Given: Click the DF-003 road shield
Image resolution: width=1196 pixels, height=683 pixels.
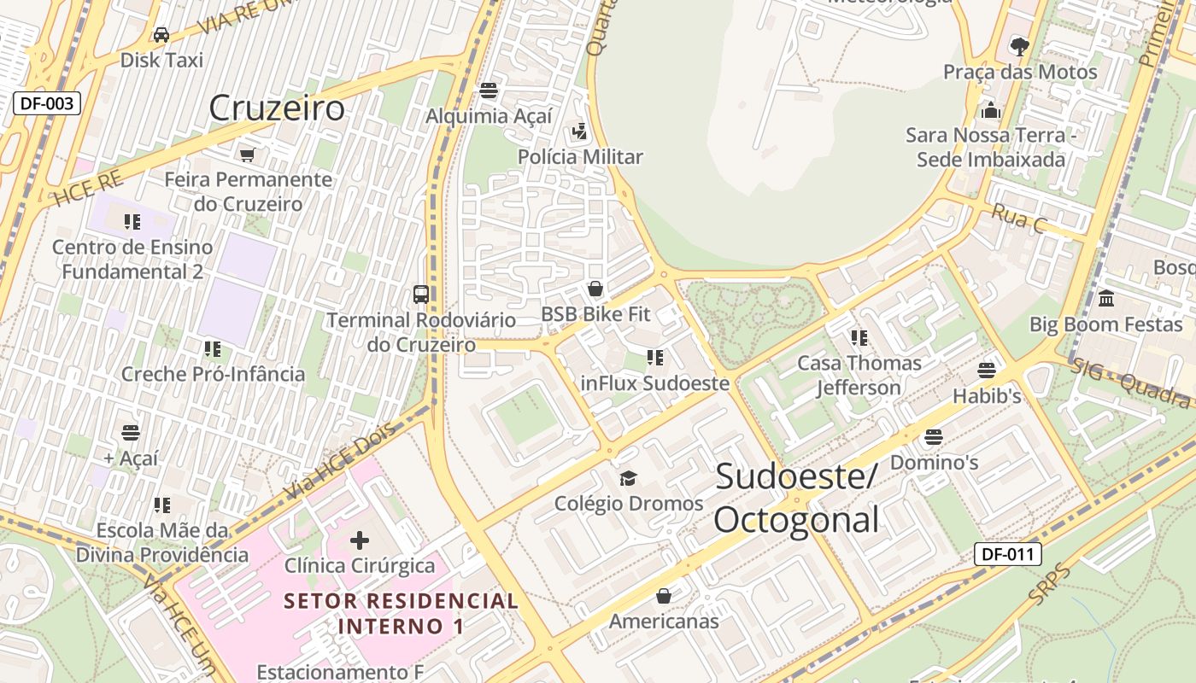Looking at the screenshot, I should [x=47, y=104].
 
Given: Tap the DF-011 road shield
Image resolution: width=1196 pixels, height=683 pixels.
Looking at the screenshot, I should [x=1008, y=554].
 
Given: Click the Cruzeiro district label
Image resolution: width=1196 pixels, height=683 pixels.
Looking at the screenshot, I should [x=277, y=108].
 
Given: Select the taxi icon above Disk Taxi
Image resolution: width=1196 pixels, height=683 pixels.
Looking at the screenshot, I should [x=161, y=35].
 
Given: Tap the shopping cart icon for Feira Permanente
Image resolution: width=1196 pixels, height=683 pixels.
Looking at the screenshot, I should [x=247, y=155].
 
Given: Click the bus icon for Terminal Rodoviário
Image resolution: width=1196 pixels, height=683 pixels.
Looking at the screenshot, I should [x=421, y=295].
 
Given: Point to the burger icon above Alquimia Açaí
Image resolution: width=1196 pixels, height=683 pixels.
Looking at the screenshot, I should [x=489, y=90].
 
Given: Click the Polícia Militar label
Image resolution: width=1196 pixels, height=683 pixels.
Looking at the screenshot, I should [x=580, y=157].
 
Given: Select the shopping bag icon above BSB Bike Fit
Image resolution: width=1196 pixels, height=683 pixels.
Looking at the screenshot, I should [x=595, y=289].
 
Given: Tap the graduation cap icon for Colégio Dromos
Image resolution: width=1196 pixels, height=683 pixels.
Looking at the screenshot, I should [x=629, y=478].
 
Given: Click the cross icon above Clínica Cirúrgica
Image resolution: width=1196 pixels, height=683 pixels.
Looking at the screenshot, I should [x=360, y=540].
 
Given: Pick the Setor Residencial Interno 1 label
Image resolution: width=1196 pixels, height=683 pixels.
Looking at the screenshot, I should [x=402, y=613].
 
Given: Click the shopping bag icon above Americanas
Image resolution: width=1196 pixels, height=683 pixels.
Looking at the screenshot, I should [x=664, y=596].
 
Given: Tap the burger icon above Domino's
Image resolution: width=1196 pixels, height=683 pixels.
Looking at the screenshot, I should [x=934, y=437].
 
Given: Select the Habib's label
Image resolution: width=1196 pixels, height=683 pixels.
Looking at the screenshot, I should [x=987, y=396].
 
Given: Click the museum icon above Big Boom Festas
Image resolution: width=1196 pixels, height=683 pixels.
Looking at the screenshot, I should [x=1106, y=299].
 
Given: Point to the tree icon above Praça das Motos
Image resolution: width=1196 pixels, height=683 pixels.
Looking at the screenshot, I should [x=1019, y=45].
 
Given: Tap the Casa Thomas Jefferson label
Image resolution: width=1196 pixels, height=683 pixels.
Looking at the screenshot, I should [x=859, y=375].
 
